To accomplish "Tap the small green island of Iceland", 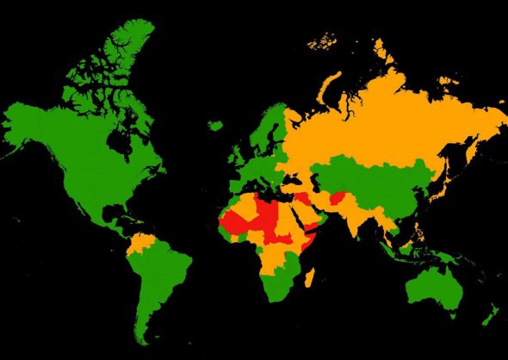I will point(215,126).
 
